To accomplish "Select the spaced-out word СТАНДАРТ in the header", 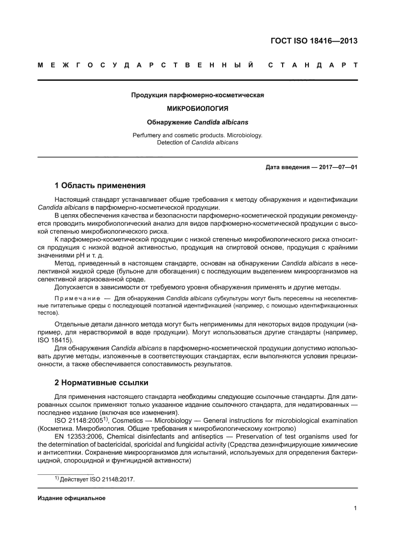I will [312, 65].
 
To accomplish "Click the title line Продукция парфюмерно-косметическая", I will [197, 95].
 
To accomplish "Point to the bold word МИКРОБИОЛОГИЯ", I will [197, 109].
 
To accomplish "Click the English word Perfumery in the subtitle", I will [146, 135].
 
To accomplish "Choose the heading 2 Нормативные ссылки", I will [101, 383].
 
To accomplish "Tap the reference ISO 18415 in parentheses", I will [54, 340].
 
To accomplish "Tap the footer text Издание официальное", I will [71, 498].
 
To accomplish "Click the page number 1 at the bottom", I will [355, 508].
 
